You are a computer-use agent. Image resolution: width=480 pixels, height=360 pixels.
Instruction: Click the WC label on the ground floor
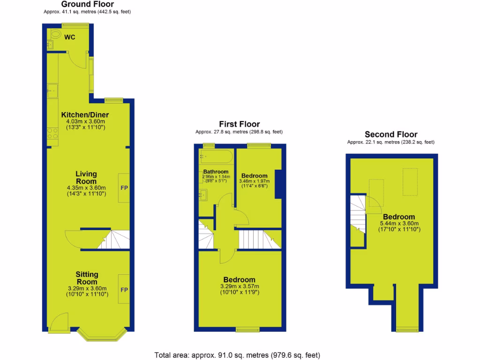point(70,37)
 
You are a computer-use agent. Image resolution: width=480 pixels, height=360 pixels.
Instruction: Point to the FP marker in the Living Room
point(124,188)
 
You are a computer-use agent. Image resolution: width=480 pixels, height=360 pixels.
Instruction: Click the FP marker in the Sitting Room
point(124,290)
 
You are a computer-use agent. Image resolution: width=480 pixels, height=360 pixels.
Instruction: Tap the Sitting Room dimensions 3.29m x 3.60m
point(87,288)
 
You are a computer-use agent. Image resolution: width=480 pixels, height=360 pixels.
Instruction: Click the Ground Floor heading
point(87,5)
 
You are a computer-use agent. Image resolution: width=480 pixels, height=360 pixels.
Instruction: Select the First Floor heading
point(239,124)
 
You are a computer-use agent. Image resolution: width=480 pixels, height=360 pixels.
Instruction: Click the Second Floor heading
point(391,135)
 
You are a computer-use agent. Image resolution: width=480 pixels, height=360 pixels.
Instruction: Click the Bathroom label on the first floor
point(216,172)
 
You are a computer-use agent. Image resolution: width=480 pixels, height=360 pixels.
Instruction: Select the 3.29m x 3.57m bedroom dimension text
point(239,286)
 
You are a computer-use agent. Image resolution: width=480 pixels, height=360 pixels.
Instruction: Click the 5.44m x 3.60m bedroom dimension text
point(399,224)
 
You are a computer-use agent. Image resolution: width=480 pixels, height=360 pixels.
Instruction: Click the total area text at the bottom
point(237,355)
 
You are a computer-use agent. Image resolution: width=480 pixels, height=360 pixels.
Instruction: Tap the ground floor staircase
point(113,240)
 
